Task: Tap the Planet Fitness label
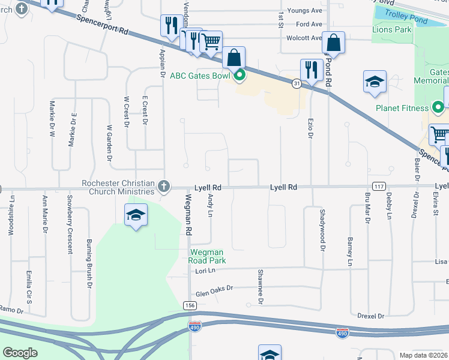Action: pyautogui.click(x=402, y=109)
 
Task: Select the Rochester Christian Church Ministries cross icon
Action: pyautogui.click(x=164, y=187)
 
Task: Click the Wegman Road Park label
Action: pyautogui.click(x=208, y=256)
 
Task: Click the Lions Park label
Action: pyautogui.click(x=391, y=29)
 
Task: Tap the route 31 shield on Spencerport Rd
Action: pyautogui.click(x=297, y=83)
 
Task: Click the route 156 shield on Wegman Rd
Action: pyautogui.click(x=190, y=306)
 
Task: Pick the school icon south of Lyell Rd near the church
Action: pyautogui.click(x=136, y=215)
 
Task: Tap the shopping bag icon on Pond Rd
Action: pyautogui.click(x=334, y=42)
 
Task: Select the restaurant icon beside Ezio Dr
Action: pyautogui.click(x=312, y=69)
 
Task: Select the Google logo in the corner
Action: pyautogui.click(x=19, y=353)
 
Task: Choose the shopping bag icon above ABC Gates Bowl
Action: pyautogui.click(x=234, y=58)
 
